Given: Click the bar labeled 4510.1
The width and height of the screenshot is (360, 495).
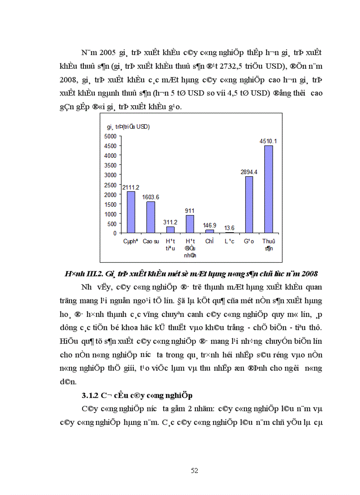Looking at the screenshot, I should (268, 189).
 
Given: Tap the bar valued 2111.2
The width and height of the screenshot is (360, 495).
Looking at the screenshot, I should (131, 212).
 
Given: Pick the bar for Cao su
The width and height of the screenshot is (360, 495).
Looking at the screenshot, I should (151, 217).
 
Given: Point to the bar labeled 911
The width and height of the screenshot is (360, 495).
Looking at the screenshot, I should (190, 224).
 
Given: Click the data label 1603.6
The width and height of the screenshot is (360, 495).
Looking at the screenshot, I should (151, 197).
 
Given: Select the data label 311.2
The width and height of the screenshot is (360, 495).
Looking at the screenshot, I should (170, 222).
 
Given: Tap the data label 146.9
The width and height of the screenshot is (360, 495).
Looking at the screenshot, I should (210, 225).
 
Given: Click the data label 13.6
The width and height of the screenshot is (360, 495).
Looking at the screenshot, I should (229, 228).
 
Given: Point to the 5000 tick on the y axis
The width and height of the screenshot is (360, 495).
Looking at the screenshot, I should (111, 136).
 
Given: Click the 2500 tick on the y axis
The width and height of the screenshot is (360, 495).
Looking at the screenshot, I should (111, 184).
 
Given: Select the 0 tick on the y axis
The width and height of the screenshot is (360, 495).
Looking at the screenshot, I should (115, 233).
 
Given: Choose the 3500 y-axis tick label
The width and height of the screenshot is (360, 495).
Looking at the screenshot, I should (111, 165).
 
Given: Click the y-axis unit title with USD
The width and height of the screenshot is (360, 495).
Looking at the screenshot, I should (128, 127).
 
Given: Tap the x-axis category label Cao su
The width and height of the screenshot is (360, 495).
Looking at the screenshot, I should (151, 242).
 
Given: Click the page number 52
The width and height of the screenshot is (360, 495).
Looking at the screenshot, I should (194, 470).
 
